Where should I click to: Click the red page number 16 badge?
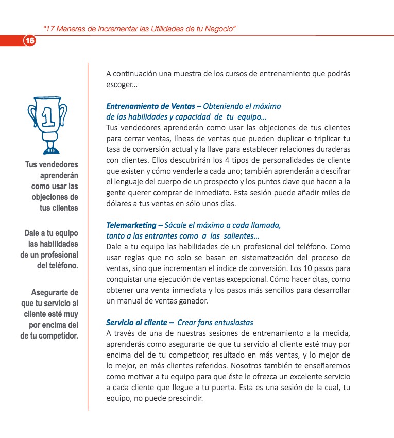click(x=29, y=41)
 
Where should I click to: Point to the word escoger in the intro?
click(x=119, y=85)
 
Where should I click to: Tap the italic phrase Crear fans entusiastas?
click(x=215, y=323)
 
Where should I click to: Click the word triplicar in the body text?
click(x=327, y=139)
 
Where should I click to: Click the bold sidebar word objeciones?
click(x=57, y=197)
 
